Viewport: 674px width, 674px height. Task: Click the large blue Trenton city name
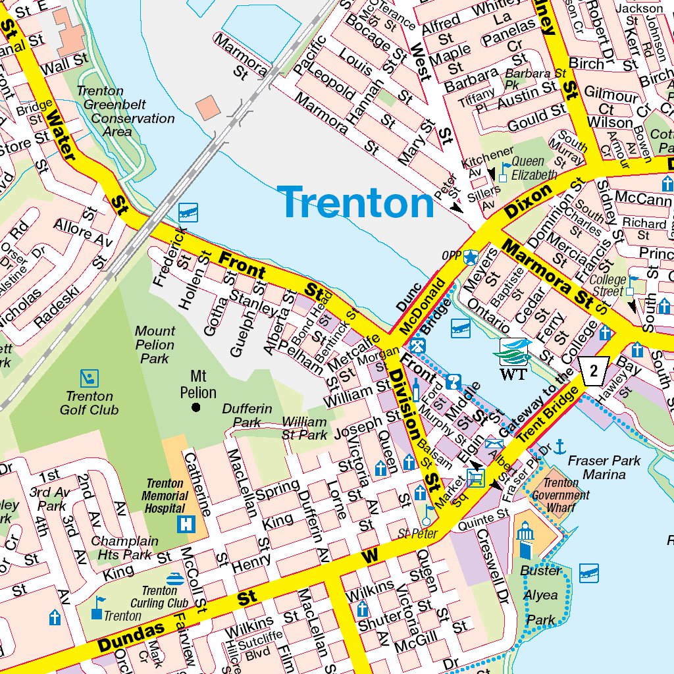click(355, 202)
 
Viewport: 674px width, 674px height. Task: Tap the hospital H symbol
click(188, 525)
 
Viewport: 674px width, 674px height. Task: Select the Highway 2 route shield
click(594, 372)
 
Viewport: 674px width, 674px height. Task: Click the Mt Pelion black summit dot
click(195, 408)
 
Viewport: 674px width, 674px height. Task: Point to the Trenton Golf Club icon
click(90, 378)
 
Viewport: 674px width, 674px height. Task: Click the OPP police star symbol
click(470, 257)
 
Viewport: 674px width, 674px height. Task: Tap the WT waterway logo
click(514, 359)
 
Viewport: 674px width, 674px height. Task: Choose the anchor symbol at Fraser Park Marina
click(560, 446)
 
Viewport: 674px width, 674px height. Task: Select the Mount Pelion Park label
click(155, 345)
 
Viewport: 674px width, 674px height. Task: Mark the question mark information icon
click(453, 382)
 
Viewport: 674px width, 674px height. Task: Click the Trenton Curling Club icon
click(175, 579)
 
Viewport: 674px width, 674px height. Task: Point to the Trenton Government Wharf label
click(561, 495)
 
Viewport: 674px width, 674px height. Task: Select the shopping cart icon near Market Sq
click(475, 477)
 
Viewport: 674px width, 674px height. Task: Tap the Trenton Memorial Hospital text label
click(166, 495)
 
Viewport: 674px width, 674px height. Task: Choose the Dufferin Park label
click(247, 415)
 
